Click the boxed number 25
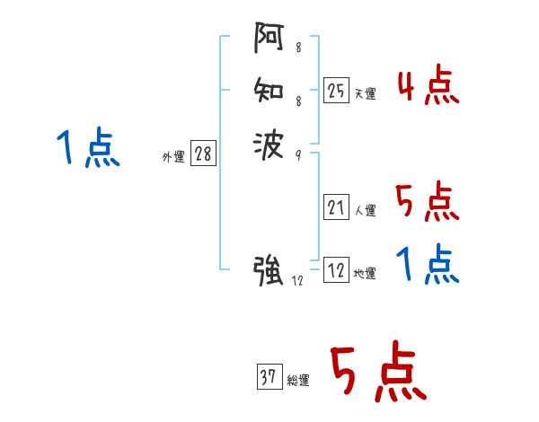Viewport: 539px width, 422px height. coord(336,90)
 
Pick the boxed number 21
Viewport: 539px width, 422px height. coord(336,208)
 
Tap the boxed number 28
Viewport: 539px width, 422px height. coord(203,154)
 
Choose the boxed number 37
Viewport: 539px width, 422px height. coord(269,377)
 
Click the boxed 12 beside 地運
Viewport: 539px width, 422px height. coord(336,270)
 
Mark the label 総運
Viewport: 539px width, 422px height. coord(298,381)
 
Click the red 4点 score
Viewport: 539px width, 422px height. coord(429,86)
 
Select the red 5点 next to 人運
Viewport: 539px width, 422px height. coord(427,202)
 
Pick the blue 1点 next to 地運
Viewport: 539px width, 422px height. coord(428,265)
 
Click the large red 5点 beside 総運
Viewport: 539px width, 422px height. coord(376,373)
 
